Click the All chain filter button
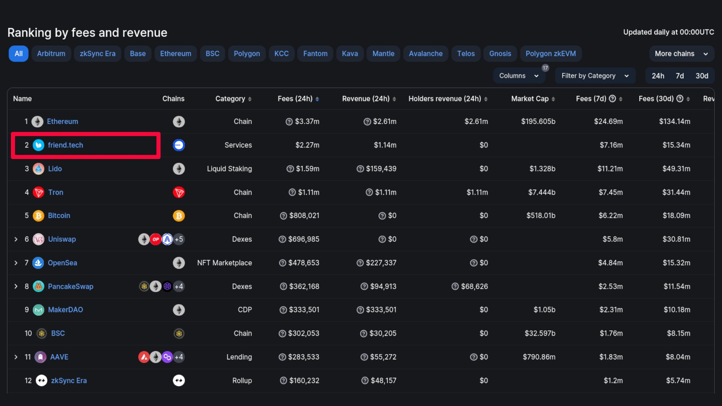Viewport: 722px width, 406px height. coord(18,54)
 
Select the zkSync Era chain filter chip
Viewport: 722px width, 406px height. coord(97,54)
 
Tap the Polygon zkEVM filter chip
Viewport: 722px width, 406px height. coord(551,54)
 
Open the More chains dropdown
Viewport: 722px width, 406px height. coord(681,54)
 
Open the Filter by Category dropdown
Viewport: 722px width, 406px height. coord(595,76)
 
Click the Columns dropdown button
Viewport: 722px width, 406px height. coord(519,76)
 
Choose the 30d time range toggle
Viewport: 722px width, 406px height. coord(702,76)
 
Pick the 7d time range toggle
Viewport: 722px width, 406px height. coord(680,76)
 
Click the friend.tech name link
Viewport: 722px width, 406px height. coord(65,145)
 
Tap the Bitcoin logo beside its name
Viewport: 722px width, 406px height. coord(38,216)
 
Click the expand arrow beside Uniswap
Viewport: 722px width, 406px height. coord(16,239)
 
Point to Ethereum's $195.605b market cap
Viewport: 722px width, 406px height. coord(538,121)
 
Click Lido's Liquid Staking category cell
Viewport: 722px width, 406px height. coord(229,169)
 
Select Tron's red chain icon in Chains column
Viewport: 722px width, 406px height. coord(179,192)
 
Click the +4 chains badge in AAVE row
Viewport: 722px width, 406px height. coord(179,357)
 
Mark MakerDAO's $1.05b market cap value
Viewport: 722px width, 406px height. coord(544,310)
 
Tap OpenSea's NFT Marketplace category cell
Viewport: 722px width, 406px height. coord(224,263)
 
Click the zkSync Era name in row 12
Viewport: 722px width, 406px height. coord(69,381)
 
